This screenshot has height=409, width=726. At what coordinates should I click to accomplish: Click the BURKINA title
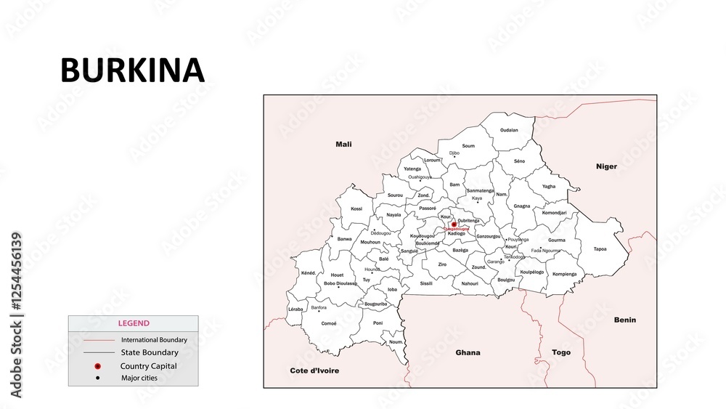(132, 70)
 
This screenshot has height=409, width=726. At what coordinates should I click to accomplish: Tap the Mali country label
(343, 145)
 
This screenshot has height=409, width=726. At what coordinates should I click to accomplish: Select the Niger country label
(606, 166)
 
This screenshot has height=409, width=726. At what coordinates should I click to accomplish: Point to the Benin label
(624, 320)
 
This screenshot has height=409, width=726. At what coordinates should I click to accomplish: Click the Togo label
(561, 352)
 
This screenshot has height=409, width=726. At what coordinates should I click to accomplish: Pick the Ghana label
(468, 352)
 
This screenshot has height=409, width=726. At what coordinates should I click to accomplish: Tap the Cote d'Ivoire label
(314, 370)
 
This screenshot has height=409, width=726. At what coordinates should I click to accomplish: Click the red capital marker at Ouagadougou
(454, 224)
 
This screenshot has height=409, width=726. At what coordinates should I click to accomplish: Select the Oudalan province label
(509, 130)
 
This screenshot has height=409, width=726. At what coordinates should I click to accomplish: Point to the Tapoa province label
(600, 249)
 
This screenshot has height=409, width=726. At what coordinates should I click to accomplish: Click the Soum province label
(468, 146)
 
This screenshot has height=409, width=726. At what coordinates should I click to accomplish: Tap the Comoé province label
(329, 323)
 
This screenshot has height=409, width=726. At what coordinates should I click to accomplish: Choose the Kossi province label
(356, 208)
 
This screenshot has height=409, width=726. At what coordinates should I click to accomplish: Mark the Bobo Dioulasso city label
(340, 283)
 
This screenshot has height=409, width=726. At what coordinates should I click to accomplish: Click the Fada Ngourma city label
(546, 251)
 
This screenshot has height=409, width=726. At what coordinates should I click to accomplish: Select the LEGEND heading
(134, 323)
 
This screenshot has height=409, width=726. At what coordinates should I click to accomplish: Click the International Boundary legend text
(154, 339)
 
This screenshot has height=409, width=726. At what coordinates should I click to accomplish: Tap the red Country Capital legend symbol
(97, 365)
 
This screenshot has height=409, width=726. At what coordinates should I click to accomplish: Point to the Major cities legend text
(139, 378)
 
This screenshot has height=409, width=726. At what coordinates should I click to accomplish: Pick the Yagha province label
(549, 187)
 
